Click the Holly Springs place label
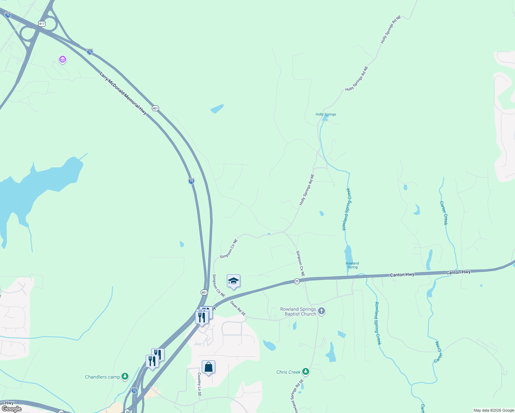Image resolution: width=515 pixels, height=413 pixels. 326,114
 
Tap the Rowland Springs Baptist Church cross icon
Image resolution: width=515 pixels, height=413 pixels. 322,311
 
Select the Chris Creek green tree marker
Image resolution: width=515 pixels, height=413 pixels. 305,372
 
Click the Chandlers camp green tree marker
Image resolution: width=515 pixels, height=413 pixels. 125,377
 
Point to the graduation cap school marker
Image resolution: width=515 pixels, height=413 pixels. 233,281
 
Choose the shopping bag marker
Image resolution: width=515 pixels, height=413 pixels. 208,367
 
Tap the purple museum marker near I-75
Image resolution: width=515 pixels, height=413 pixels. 63,60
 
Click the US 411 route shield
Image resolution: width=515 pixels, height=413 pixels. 42,24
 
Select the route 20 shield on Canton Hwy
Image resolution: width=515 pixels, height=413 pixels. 297,281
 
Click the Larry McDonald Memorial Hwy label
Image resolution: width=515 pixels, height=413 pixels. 123,93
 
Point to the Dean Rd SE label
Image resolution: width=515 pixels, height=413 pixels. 238,308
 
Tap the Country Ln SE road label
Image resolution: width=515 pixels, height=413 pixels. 199,384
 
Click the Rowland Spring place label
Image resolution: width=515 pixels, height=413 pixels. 352,265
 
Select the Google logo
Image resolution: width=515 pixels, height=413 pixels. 12,409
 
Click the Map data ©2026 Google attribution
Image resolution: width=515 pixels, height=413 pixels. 493,410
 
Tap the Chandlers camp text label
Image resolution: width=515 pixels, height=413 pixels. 102,377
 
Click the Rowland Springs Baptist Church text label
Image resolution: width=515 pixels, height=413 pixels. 298,311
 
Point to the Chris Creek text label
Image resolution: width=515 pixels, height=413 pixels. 288,372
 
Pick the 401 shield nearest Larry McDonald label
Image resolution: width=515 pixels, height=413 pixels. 155,108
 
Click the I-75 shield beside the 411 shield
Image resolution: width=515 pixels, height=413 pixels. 8,15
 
